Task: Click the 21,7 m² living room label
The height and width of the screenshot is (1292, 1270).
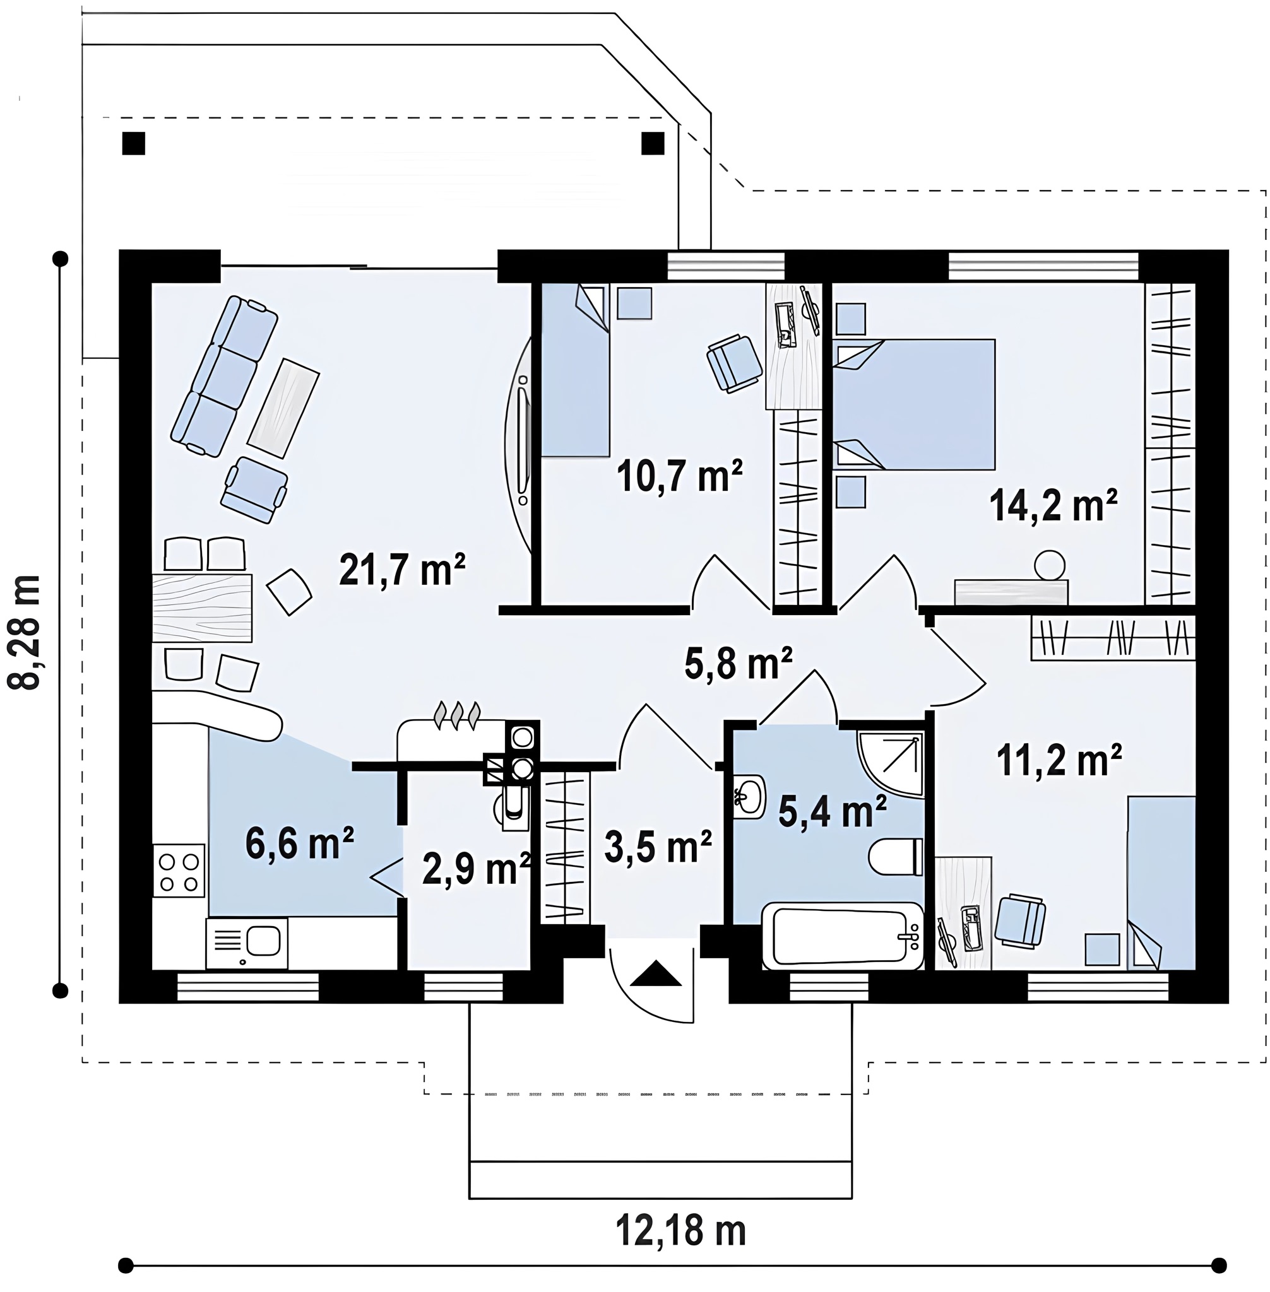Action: [x=401, y=569]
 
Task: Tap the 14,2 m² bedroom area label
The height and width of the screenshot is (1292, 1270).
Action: [x=1053, y=505]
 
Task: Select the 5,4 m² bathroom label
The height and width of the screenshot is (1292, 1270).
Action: [x=833, y=811]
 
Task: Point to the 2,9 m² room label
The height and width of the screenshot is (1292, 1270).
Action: [x=476, y=869]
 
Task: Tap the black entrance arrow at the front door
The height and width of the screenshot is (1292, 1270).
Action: [x=656, y=973]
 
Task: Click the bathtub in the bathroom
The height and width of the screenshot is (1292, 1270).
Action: [x=843, y=936]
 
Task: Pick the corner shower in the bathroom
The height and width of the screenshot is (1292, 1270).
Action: [x=891, y=764]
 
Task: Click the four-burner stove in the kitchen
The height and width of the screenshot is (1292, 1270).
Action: [x=179, y=870]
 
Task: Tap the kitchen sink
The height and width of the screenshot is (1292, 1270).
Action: [x=247, y=943]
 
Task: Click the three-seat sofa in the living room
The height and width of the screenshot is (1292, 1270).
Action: [x=224, y=377]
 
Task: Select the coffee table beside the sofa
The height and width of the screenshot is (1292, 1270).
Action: [x=283, y=408]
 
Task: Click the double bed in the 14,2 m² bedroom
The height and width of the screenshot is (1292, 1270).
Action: [x=914, y=404]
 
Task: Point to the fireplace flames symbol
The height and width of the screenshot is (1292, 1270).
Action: [x=457, y=714]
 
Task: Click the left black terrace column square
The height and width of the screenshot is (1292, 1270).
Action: [x=133, y=143]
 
